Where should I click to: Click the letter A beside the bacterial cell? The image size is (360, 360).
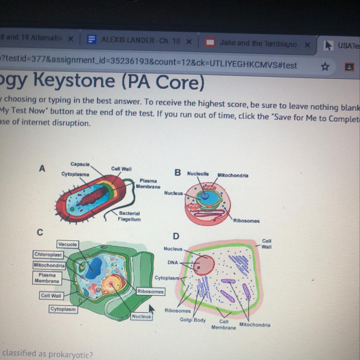pos(42,168)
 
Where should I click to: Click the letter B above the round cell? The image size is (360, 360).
pos(178,173)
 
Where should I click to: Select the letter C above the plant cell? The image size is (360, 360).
pos(40,232)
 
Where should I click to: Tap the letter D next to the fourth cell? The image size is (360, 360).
pos(176,236)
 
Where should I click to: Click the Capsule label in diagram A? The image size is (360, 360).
pos(80,164)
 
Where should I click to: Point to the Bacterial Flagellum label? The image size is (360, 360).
pos(129,216)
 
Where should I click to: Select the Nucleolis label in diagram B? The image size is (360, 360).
pos(198,174)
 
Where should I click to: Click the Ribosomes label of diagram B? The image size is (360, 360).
pos(246,221)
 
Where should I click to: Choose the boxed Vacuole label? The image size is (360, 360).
pos(68,244)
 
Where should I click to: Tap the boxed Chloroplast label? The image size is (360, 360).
pos(48,255)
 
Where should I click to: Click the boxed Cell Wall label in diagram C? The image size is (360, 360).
pos(51,296)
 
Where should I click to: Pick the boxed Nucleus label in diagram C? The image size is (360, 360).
pos(141,316)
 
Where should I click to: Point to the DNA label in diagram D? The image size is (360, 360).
pos(172,262)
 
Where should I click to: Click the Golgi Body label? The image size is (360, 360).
pos(193,320)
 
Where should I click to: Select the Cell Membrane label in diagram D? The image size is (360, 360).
pos(224,324)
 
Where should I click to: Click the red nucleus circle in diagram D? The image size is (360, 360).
pos(205,264)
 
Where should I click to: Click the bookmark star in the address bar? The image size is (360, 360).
pos(325,67)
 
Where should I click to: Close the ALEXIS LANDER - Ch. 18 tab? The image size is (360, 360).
pos(189,42)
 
